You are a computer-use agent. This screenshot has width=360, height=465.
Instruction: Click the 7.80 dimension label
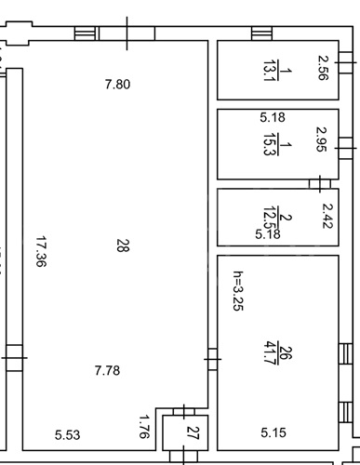[117, 85]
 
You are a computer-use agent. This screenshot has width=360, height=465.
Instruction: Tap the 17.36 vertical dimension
[41, 251]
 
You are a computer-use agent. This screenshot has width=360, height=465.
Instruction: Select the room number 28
[123, 246]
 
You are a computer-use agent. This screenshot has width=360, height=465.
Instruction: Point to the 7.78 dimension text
[107, 370]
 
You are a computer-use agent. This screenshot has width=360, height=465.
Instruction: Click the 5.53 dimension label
[68, 435]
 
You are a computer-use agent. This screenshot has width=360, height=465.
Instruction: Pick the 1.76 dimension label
[143, 427]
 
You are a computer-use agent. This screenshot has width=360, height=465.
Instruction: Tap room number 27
[193, 433]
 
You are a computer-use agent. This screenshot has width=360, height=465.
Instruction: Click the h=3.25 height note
[238, 291]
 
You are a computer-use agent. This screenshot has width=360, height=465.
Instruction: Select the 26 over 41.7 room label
[277, 352]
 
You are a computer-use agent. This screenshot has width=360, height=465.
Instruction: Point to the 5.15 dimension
[273, 432]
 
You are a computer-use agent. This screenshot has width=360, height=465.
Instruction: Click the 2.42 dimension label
[327, 216]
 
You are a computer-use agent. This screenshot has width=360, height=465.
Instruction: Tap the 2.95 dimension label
[321, 139]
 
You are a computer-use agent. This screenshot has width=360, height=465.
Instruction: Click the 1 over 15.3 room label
[277, 144]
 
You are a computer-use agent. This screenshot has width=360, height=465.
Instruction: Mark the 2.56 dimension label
[323, 68]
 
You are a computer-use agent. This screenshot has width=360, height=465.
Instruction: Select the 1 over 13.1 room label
[277, 71]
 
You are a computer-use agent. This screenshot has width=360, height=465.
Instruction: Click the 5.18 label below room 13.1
[273, 117]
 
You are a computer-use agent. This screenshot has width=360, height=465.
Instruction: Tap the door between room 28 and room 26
[212, 359]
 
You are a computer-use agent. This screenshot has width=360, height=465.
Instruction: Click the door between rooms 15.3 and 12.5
[320, 184]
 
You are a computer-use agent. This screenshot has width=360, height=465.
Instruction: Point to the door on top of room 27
[184, 412]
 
